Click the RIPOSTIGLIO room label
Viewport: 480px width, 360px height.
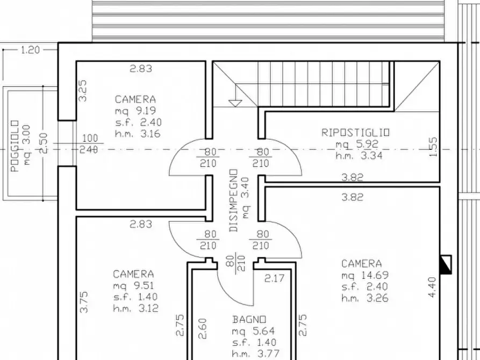coord(355,132)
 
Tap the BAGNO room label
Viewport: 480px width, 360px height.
coord(249,320)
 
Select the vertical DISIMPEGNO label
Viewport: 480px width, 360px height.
coord(233,200)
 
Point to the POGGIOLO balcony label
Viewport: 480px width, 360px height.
coord(15,146)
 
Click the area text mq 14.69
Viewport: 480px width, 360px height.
coord(365,275)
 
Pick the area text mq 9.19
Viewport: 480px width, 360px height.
coord(135,111)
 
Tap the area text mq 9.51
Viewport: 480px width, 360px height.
coord(133,286)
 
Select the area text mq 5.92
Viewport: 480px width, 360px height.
coord(357,144)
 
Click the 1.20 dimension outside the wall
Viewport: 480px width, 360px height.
coord(31,49)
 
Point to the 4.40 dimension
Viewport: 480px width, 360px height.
coord(432,287)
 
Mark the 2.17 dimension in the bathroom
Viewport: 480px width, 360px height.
coord(275,278)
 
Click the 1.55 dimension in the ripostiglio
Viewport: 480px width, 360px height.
coord(433,147)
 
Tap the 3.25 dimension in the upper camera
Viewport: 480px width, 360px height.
coord(83,91)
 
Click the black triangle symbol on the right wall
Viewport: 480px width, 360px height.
coord(446,264)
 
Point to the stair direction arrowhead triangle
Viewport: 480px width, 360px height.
coord(235,104)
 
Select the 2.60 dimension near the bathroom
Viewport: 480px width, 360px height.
coord(202,328)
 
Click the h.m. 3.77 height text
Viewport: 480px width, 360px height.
coord(256,354)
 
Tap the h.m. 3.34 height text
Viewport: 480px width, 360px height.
coord(359,155)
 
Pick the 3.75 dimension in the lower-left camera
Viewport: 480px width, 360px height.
coord(83,302)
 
